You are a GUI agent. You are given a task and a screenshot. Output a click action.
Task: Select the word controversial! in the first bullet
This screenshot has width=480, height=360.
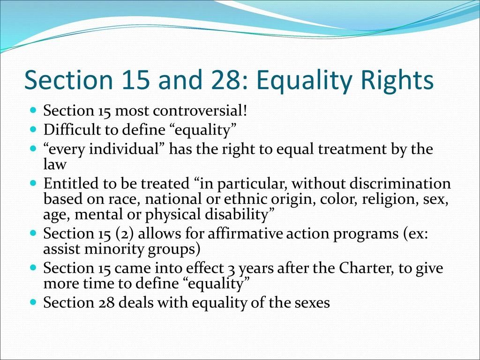pyautogui.click(x=204, y=112)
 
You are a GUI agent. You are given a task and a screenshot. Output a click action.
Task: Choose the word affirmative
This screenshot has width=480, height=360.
pyautogui.click(x=240, y=233)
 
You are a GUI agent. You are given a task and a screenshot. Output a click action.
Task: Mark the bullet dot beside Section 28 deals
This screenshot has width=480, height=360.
pyautogui.click(x=33, y=303)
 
